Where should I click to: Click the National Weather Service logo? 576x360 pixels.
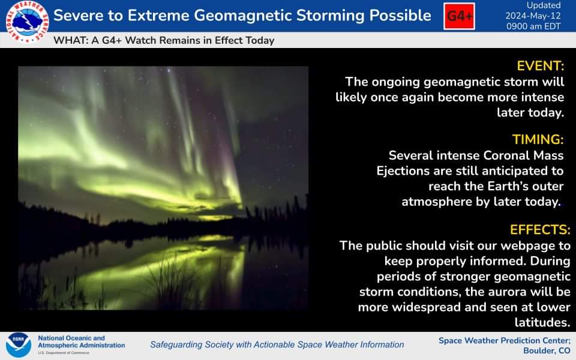point(27,22)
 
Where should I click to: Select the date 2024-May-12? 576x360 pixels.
point(533,16)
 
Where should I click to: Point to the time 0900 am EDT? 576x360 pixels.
point(533,26)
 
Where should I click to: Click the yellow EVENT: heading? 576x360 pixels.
point(540,66)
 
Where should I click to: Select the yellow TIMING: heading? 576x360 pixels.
point(538,140)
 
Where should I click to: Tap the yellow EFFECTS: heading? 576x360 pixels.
point(540,230)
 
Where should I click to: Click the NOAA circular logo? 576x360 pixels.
point(19,345)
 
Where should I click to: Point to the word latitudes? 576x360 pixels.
point(542,322)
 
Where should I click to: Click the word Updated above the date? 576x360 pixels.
point(544,5)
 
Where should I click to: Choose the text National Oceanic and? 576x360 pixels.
point(71,338)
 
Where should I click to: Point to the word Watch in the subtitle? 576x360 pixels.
point(140,40)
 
